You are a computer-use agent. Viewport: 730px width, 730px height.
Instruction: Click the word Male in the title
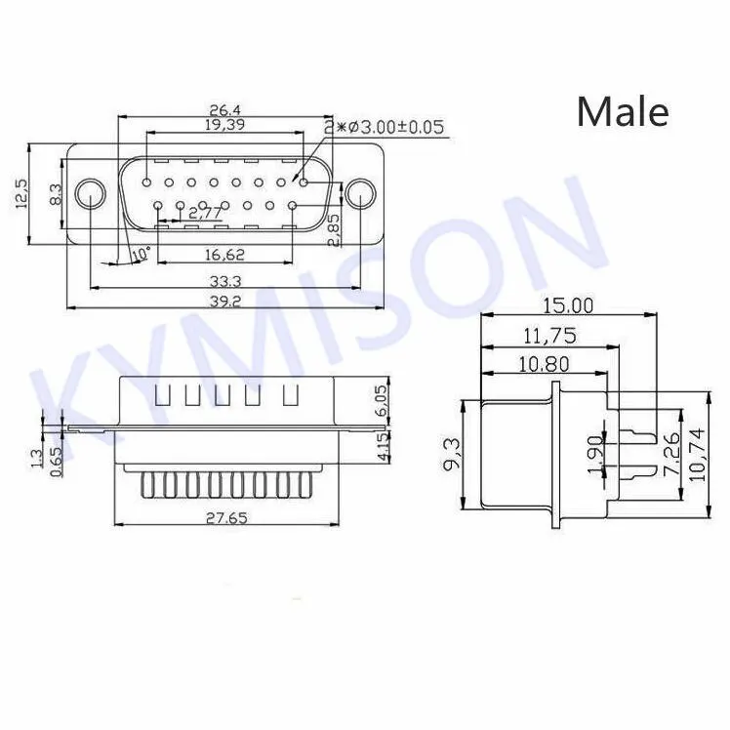click(x=623, y=111)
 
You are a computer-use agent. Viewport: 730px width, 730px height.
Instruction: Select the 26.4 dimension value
click(x=224, y=109)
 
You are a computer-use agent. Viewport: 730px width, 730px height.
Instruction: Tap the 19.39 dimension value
click(x=224, y=125)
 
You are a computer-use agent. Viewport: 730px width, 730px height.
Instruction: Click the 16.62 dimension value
click(x=224, y=254)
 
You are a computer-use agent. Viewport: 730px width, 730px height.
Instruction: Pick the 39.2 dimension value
click(x=224, y=302)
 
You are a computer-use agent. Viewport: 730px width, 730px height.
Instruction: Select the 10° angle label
click(x=142, y=253)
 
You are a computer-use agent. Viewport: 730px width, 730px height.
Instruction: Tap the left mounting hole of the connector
click(x=91, y=191)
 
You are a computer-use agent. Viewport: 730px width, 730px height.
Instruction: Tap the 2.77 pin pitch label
click(x=204, y=212)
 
